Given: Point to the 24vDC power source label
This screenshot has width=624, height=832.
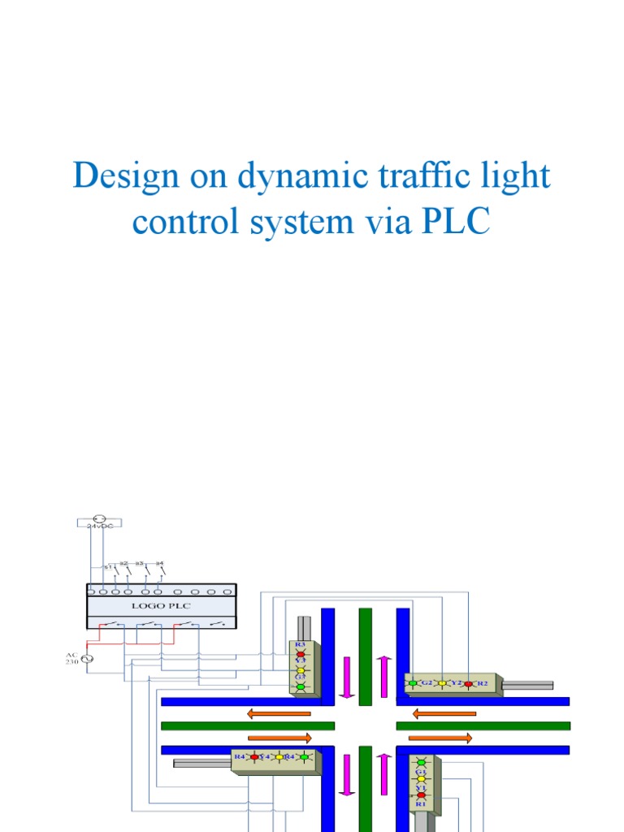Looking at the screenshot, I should [x=102, y=526].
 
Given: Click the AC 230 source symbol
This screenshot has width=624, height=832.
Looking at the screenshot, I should [x=84, y=657].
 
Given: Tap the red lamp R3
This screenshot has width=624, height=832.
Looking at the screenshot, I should [x=300, y=653].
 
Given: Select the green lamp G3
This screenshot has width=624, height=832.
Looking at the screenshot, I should [x=300, y=687].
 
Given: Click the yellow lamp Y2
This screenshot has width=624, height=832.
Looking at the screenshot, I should [x=443, y=683].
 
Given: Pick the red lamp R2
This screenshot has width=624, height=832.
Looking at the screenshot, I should [x=468, y=683].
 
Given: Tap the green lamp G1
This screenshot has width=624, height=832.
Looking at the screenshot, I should [x=421, y=763].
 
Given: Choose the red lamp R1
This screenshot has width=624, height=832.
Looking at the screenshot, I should [x=421, y=795].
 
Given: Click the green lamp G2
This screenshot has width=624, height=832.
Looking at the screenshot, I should [x=413, y=683].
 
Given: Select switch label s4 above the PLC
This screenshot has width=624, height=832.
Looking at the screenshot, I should [x=160, y=562].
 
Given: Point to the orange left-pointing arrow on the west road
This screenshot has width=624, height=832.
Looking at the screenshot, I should [x=279, y=713].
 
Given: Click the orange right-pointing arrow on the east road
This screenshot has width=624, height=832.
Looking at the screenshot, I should [x=440, y=738].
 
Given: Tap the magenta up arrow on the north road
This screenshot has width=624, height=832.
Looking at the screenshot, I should [x=383, y=676].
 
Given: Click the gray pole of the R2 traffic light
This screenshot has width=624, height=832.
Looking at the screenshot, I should [x=527, y=685].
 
